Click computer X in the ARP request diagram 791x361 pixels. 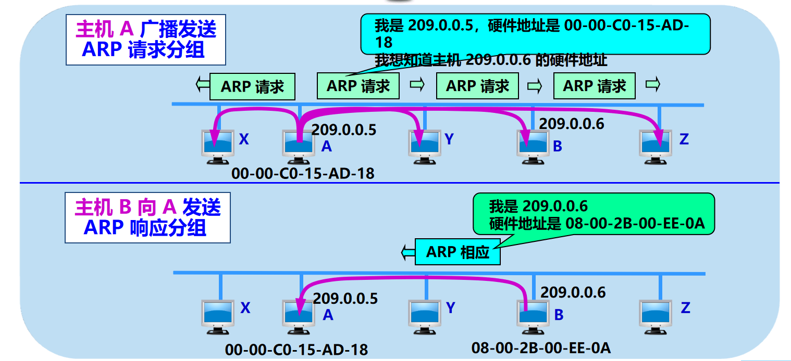pyautogui.click(x=218, y=146)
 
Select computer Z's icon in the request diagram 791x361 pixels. pyautogui.click(x=654, y=145)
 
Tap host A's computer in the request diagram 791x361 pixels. pyautogui.click(x=298, y=146)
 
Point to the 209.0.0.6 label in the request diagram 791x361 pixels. pyautogui.click(x=571, y=124)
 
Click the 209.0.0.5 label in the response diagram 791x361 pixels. pyautogui.click(x=345, y=298)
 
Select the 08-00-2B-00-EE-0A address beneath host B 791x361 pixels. pyautogui.click(x=540, y=347)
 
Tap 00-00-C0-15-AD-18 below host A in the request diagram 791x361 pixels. pyautogui.click(x=303, y=173)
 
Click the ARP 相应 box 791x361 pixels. pyautogui.click(x=458, y=252)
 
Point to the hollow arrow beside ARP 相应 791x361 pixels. pyautogui.click(x=406, y=252)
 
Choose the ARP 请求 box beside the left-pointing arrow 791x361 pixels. pyautogui.click(x=252, y=86)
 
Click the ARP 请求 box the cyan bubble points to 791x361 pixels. pyautogui.click(x=358, y=86)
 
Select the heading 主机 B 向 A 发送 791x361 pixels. pyautogui.click(x=147, y=208)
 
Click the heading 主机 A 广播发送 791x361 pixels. pyautogui.click(x=146, y=29)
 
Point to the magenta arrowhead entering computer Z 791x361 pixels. pyautogui.click(x=659, y=139)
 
